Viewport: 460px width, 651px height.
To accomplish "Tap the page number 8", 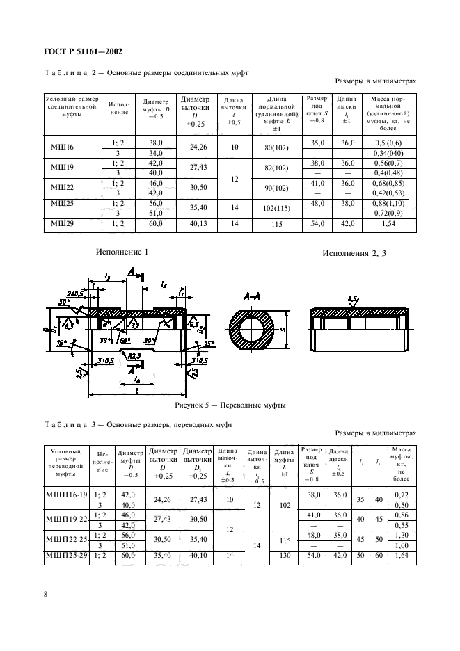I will (45, 593).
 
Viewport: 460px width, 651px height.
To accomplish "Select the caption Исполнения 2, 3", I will (354, 253).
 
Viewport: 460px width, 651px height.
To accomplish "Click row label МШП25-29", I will (67, 556).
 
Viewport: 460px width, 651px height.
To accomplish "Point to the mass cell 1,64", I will (399, 556).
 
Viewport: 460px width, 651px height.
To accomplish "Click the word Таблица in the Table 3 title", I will (64, 424).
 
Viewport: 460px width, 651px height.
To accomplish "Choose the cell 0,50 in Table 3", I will (399, 504).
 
